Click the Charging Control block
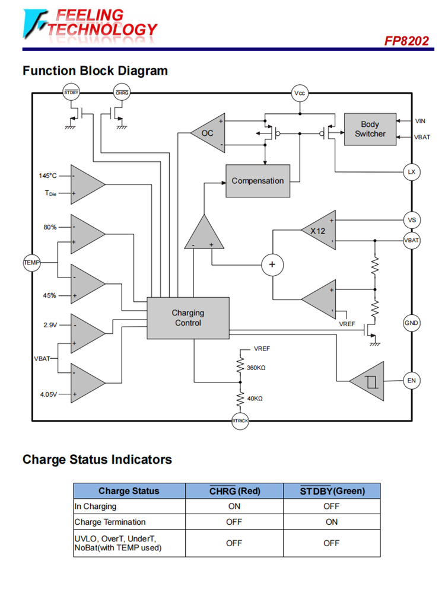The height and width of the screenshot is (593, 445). tap(187, 318)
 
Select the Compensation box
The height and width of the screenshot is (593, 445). tap(258, 181)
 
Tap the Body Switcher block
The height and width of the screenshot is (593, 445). tap(370, 129)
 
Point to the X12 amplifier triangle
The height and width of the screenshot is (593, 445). tap(320, 231)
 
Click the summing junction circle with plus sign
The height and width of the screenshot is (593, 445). tap(272, 264)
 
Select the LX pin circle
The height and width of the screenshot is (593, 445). tap(411, 172)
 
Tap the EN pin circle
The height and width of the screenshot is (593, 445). tap(411, 381)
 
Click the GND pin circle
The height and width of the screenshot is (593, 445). tap(411, 323)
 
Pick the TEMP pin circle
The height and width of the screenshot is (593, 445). tap(31, 262)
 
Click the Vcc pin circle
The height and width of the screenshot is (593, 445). tap(300, 93)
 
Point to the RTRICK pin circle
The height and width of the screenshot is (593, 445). tap(240, 420)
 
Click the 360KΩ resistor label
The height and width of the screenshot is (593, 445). tap(256, 368)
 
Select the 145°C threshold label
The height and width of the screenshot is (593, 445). tap(48, 176)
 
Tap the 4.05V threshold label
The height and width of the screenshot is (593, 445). tap(49, 394)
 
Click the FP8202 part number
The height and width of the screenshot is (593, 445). tap(406, 41)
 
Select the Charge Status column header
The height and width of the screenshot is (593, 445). tap(129, 491)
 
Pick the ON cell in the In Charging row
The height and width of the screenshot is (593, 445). tap(234, 506)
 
